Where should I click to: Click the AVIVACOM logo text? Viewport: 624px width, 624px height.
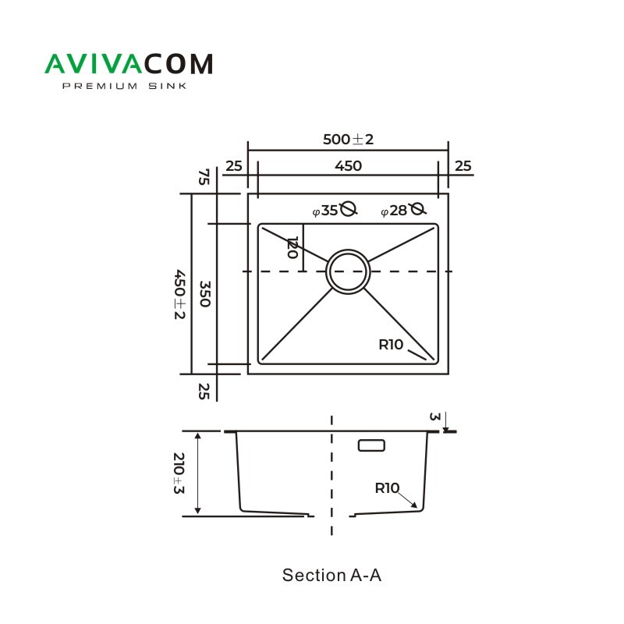tap(129, 64)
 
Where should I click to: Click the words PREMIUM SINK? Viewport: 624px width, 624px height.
tap(124, 87)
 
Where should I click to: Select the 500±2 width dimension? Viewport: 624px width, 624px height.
tap(349, 140)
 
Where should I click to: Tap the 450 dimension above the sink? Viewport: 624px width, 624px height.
tap(348, 165)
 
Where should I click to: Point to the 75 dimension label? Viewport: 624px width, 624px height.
tap(204, 177)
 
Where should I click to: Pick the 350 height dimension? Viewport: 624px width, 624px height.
tap(204, 295)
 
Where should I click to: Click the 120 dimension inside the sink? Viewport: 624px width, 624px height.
tap(292, 249)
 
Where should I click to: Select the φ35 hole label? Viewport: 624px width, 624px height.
tap(325, 211)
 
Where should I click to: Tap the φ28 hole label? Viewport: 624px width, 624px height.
tap(394, 211)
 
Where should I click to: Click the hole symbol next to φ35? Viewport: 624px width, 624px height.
tap(349, 209)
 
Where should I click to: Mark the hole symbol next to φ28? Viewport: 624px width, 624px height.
tap(417, 209)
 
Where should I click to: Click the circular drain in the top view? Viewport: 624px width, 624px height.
tap(348, 271)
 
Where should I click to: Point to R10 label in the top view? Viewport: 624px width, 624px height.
tap(391, 345)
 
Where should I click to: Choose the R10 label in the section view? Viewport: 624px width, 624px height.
tap(387, 488)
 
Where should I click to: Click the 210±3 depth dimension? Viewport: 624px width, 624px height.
tap(179, 473)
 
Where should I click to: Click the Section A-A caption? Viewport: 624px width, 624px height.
tap(331, 576)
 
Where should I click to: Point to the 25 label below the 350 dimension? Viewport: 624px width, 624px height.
tap(204, 392)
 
